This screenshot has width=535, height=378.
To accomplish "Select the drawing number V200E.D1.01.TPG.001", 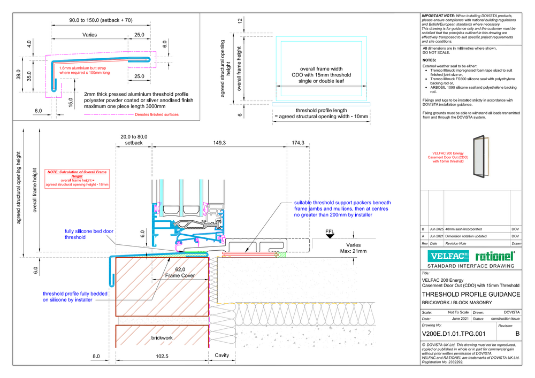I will click(454, 334).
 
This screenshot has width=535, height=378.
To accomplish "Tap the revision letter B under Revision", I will click(517, 334).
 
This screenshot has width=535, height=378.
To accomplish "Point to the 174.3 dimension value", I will click(298, 143).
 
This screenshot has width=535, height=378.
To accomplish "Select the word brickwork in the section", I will click(162, 338).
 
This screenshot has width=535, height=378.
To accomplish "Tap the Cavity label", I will click(222, 355).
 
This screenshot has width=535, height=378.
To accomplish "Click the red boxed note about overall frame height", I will click(77, 178).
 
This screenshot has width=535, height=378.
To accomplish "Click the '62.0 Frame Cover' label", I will click(180, 273).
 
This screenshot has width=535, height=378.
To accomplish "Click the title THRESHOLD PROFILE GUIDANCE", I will click(471, 295).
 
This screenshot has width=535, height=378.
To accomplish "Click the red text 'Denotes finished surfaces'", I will click(157, 114).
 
